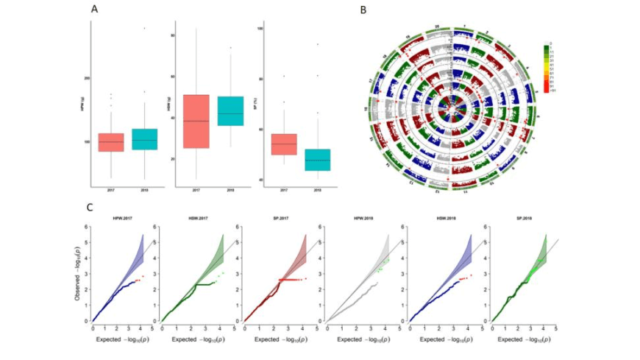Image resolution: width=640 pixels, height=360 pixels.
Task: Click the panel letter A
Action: pyautogui.click(x=95, y=9)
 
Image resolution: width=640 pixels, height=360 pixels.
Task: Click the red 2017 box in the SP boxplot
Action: pyautogui.click(x=284, y=144)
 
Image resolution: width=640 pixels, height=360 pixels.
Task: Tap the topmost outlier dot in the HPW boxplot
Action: pyautogui.click(x=144, y=28)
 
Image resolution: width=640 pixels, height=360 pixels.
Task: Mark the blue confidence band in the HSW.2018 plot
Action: pyautogui.click(x=461, y=254)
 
